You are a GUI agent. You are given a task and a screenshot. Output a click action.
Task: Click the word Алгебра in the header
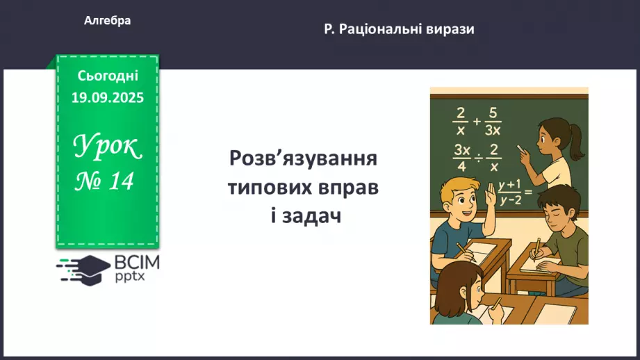point(107,21)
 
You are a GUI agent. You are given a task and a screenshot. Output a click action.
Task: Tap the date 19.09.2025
point(107,97)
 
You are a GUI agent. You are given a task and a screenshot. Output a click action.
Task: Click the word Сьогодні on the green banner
point(107,76)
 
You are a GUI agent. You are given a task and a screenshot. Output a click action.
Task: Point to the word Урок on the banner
point(107,146)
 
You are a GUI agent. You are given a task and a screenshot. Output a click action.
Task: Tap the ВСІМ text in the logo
point(136,262)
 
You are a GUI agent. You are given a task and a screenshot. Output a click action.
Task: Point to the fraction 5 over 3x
point(492,121)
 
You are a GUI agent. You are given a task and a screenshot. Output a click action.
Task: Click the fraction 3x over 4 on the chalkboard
point(461,157)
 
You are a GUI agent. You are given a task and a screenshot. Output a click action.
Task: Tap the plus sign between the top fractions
point(476,120)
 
